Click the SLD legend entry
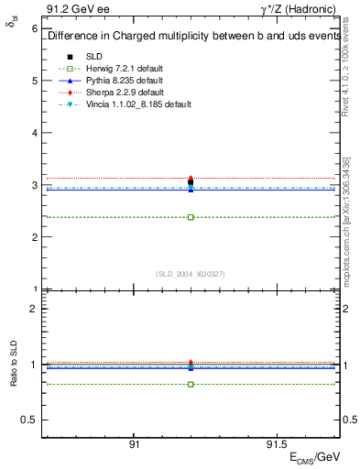(x=94, y=57)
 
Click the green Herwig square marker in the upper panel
(x=191, y=217)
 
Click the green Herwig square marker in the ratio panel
(x=191, y=384)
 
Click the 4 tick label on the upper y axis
(x=34, y=133)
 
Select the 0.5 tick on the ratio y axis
(x=30, y=420)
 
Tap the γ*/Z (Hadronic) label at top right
(x=298, y=8)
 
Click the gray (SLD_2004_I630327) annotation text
(x=191, y=274)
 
